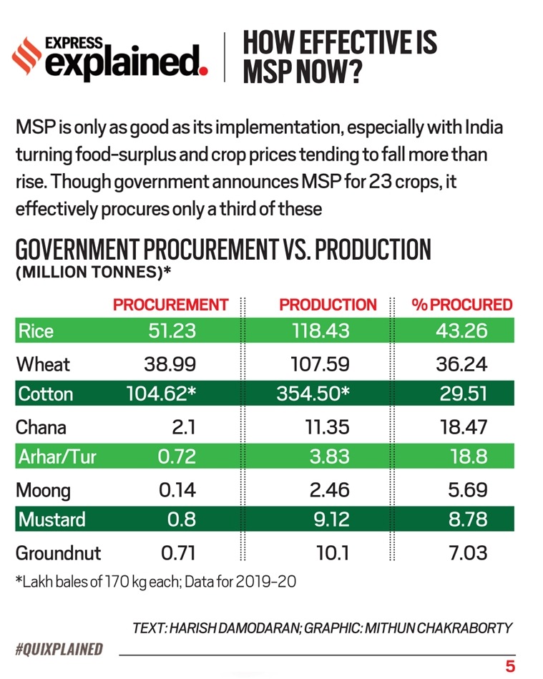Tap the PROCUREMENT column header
click(x=170, y=305)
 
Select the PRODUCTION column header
click(x=328, y=305)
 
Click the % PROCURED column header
click(x=462, y=305)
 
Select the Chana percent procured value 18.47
click(x=461, y=427)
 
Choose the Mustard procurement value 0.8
click(x=181, y=520)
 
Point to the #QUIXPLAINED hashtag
click(x=59, y=650)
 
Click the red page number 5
click(x=510, y=666)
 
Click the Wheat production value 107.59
click(x=320, y=364)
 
